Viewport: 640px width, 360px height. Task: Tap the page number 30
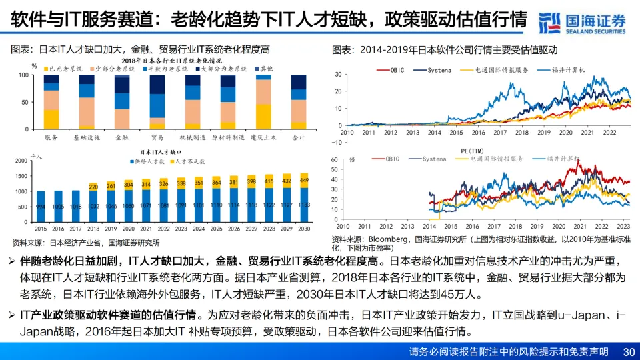click(628, 351)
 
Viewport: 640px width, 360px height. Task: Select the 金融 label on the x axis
click(122, 137)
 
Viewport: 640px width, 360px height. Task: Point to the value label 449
click(304, 180)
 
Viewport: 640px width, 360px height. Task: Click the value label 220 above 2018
click(93, 186)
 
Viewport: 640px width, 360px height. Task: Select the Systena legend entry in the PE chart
click(434, 159)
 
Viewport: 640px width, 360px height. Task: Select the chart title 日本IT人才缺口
click(159, 153)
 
